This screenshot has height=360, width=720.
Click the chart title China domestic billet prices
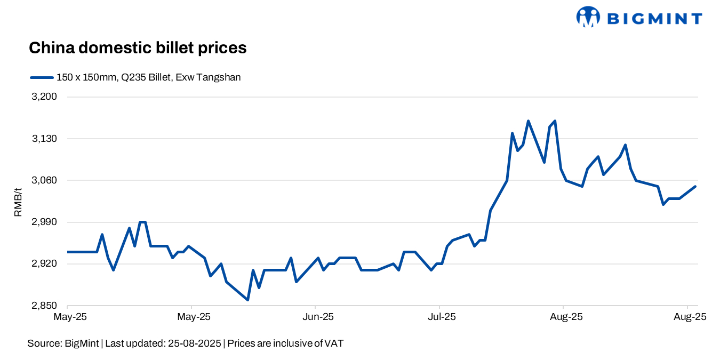138,48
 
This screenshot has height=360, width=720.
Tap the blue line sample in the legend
42,77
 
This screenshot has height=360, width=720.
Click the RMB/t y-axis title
18,202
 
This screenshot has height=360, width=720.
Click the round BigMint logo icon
588,17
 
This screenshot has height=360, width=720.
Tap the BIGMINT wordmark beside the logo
654,19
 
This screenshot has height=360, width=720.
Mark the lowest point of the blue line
248,300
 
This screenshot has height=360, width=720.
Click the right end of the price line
695,186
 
